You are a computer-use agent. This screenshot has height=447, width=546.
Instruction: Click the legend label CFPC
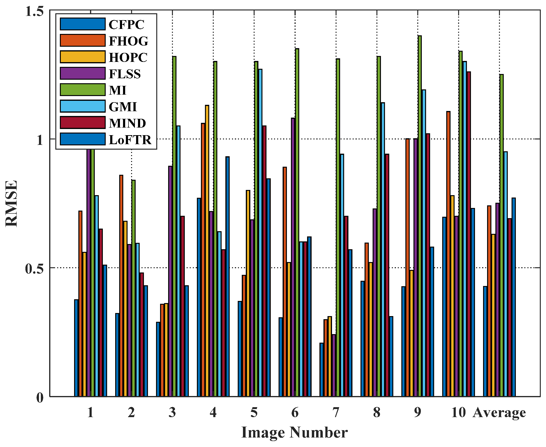tap(126, 25)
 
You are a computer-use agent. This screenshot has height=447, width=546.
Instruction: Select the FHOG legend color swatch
tap(83, 40)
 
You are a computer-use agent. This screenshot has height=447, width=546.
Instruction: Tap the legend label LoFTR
tap(130, 140)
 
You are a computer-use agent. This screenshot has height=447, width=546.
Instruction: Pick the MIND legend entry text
tap(127, 123)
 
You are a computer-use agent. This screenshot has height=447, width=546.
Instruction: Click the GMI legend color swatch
tap(83, 106)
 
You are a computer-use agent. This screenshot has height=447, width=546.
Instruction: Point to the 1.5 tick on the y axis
tap(34, 12)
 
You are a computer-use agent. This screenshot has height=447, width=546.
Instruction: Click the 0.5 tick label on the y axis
tap(34, 269)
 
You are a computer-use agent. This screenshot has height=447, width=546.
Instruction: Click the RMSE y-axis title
tap(12, 203)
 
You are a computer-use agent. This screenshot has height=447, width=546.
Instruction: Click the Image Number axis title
tap(294, 433)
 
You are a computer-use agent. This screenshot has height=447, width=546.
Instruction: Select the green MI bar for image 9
tap(420, 216)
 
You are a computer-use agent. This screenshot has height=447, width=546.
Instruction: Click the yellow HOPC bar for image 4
tap(207, 251)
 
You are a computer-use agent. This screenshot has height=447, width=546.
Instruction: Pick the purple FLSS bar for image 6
tap(293, 258)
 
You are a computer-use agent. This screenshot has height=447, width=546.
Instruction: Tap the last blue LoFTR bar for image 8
tap(391, 357)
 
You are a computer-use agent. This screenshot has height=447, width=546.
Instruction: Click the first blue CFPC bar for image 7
tap(321, 370)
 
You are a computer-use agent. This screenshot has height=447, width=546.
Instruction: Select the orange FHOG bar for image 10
tap(448, 254)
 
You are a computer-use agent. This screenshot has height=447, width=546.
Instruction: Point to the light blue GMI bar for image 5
tap(260, 233)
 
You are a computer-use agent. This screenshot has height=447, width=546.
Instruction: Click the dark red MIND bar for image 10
tap(469, 234)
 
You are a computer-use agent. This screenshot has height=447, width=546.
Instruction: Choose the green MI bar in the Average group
tap(501, 236)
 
